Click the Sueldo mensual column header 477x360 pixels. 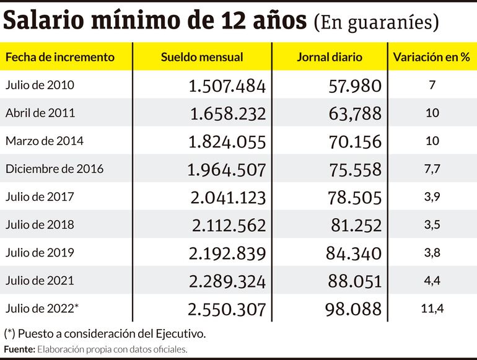tap(202, 57)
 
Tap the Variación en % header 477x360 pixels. tap(431, 57)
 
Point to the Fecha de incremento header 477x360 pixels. tap(60, 57)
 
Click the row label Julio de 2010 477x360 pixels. tap(40, 85)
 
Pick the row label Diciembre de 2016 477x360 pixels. tap(55, 169)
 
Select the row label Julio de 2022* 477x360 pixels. tap(42, 308)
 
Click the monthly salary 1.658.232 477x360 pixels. tap(227, 113)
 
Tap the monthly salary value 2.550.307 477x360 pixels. tap(227, 309)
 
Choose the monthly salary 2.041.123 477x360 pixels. tap(227, 197)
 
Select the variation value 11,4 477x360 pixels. tap(432, 308)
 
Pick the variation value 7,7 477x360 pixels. tap(432, 169)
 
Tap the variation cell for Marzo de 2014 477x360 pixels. tap(432, 141)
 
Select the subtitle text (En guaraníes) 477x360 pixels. tap(376, 22)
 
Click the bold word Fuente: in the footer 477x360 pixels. tap(19, 349)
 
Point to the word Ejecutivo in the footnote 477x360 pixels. tap(180, 333)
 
